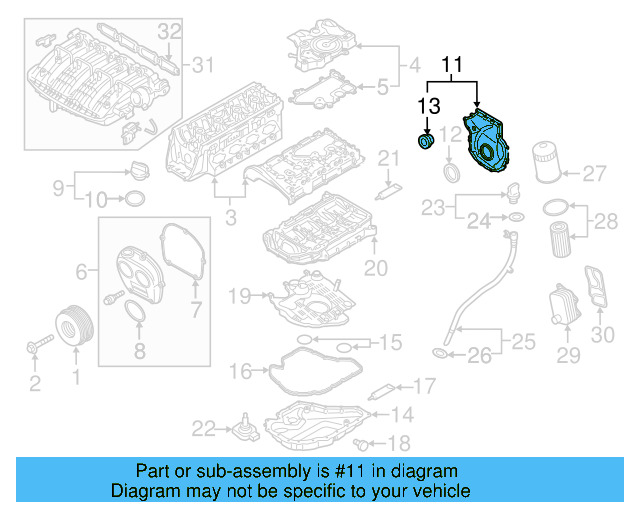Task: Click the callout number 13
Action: tap(428, 106)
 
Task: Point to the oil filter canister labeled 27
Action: tap(547, 163)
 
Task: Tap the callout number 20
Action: tap(374, 268)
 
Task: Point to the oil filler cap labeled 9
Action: tap(137, 169)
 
